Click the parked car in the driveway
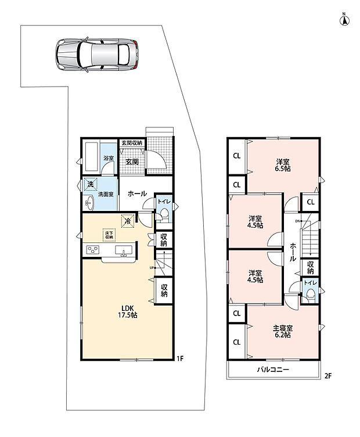[96, 54]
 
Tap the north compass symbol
[345, 20]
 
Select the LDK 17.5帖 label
[128, 311]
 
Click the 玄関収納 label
[132, 143]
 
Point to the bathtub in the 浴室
[92, 157]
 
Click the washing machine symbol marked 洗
[90, 184]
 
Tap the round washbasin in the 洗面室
[89, 202]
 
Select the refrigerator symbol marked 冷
[128, 221]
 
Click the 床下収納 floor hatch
[109, 235]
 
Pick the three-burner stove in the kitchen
[93, 249]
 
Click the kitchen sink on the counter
[124, 250]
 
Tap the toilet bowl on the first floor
[164, 214]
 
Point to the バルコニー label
[273, 370]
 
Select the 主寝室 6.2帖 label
[283, 331]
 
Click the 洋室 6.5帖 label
[283, 165]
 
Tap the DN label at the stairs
[297, 221]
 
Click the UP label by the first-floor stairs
[152, 268]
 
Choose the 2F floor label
[328, 376]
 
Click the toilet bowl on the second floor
[311, 295]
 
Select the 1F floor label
[180, 358]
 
